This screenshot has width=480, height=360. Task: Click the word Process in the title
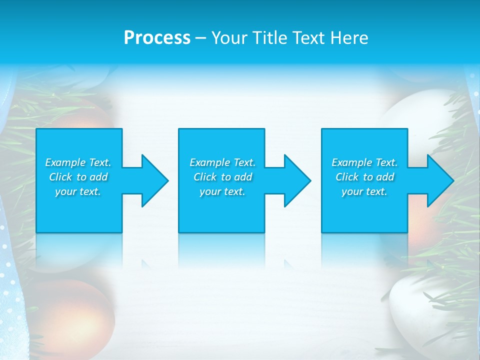pos(157,37)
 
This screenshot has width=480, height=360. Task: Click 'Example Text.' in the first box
pos(78,162)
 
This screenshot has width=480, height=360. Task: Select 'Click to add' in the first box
pos(78,177)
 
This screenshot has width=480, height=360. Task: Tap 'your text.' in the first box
pos(78,191)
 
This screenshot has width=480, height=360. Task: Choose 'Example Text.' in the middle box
pos(222,162)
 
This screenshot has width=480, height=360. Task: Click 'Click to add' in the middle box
pos(222,177)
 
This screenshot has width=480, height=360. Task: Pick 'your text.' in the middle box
pos(222,191)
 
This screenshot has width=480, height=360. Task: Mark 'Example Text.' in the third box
pos(364,162)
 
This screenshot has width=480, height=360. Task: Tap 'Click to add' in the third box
pos(364,177)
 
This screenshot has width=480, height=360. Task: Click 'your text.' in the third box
pos(364,191)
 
